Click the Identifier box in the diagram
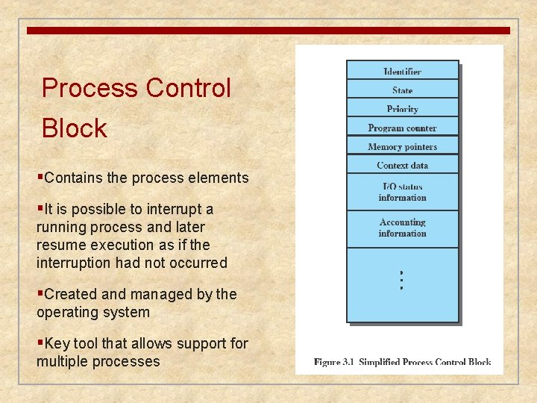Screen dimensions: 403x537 pos(402,71)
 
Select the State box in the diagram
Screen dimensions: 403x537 pos(402,90)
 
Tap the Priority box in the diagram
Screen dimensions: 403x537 pos(402,108)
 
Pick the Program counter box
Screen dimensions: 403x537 pos(402,128)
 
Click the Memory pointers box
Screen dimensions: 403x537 pos(402,146)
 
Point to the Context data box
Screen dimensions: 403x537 pos(402,165)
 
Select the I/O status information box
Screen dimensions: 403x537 pos(402,192)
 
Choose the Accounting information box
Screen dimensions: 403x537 pos(402,228)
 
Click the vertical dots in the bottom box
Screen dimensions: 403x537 pos(401,280)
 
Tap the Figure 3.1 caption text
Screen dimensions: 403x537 pos(402,362)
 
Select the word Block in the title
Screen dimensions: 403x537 pos(75,128)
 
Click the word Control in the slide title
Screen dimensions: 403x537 pos(188,88)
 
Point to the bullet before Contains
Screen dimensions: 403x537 pos(40,178)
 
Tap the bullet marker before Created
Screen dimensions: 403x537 pos(40,294)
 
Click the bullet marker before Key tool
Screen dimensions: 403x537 pos(40,343)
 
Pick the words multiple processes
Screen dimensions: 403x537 pos(98,361)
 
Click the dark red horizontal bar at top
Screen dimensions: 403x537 pos(268,31)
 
